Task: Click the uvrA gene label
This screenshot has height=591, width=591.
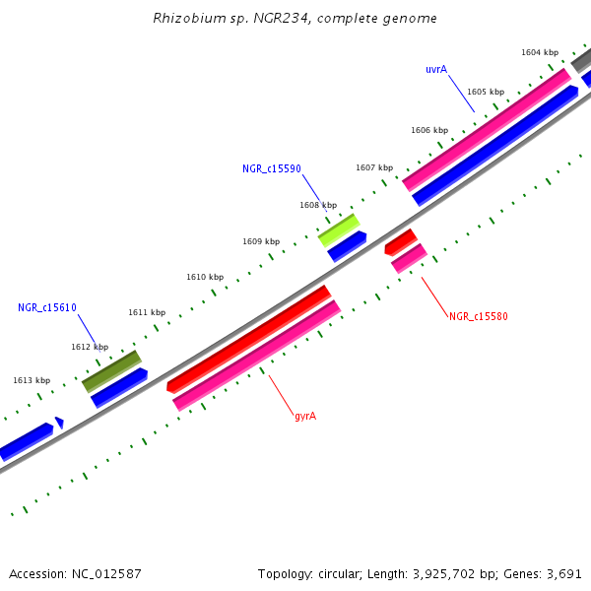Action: [436, 69]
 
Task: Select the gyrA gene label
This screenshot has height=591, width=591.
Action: [305, 416]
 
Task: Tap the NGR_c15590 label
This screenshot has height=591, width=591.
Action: [272, 169]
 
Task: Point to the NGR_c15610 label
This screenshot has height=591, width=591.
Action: [47, 307]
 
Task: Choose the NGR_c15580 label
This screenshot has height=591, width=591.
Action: [479, 316]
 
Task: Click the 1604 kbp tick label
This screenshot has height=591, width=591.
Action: [540, 52]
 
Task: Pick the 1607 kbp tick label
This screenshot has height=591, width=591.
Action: [374, 167]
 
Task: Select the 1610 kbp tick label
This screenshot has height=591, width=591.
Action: [205, 277]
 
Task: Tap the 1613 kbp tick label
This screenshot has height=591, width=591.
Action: [32, 380]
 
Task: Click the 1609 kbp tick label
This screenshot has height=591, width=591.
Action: [261, 241]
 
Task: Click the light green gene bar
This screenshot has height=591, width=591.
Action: [338, 230]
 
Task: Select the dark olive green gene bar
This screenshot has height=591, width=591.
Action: [111, 370]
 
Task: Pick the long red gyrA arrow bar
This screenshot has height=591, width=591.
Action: [248, 338]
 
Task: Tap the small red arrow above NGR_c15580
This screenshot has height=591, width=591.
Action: [400, 240]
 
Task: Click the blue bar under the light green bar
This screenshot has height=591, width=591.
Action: [347, 246]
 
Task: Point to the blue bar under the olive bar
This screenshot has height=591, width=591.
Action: [119, 387]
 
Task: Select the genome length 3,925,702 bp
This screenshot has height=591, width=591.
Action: [461, 573]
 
